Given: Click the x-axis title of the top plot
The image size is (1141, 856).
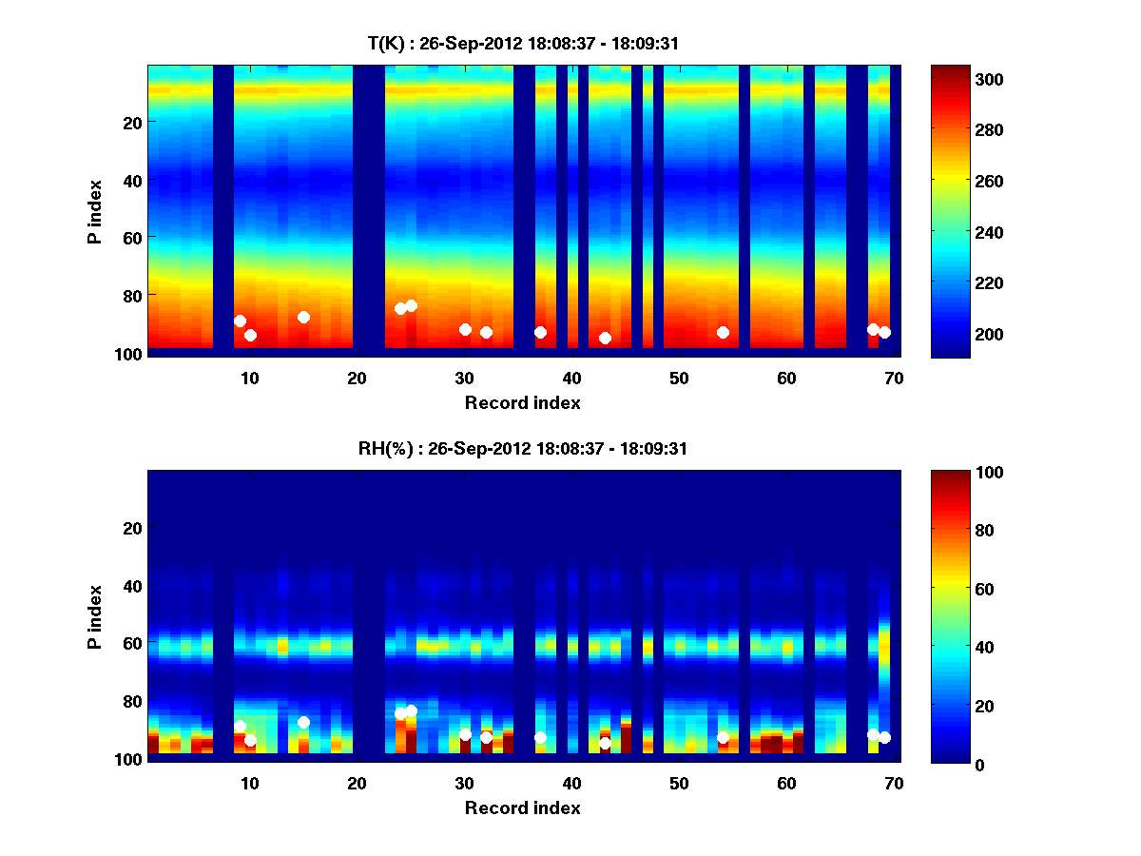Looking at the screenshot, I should click(522, 402).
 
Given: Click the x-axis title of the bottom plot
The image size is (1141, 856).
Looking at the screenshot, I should click(522, 807).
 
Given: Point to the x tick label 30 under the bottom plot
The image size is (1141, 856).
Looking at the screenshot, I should click(464, 784).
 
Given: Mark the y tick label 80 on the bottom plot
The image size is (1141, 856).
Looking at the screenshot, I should click(131, 701).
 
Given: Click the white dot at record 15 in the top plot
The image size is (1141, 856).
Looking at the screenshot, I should click(303, 317).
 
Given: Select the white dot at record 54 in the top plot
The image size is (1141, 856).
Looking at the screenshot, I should click(723, 332).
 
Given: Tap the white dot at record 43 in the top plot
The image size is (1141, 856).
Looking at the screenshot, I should click(605, 338).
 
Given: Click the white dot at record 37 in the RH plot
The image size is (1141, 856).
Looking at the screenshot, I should click(540, 738).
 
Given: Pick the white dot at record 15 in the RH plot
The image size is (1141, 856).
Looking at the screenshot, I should click(303, 722).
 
